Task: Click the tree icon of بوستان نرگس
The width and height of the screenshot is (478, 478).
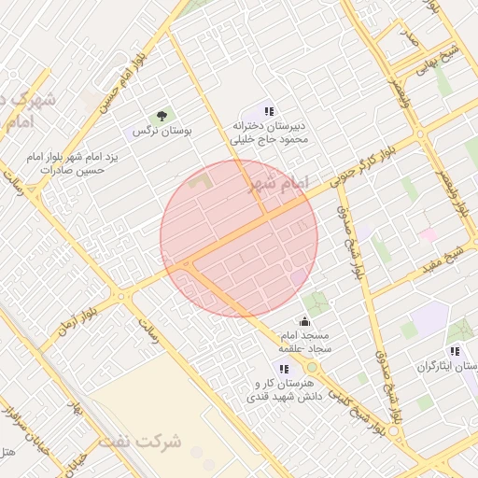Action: pyautogui.click(x=162, y=116)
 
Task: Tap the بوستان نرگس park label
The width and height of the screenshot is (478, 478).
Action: pyautogui.click(x=162, y=133)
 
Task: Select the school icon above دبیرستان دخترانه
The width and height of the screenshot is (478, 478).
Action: pyautogui.click(x=270, y=111)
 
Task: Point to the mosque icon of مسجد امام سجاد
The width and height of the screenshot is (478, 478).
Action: pyautogui.click(x=304, y=322)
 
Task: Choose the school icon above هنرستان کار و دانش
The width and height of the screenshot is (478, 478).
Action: pyautogui.click(x=282, y=370)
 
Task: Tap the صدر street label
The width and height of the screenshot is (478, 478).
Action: pyautogui.click(x=409, y=37)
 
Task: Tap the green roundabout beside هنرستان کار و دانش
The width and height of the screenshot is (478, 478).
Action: pyautogui.click(x=311, y=367)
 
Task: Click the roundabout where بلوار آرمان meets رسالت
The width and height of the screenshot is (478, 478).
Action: pyautogui.click(x=120, y=297)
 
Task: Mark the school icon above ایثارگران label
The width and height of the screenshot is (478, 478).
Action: pyautogui.click(x=455, y=352)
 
